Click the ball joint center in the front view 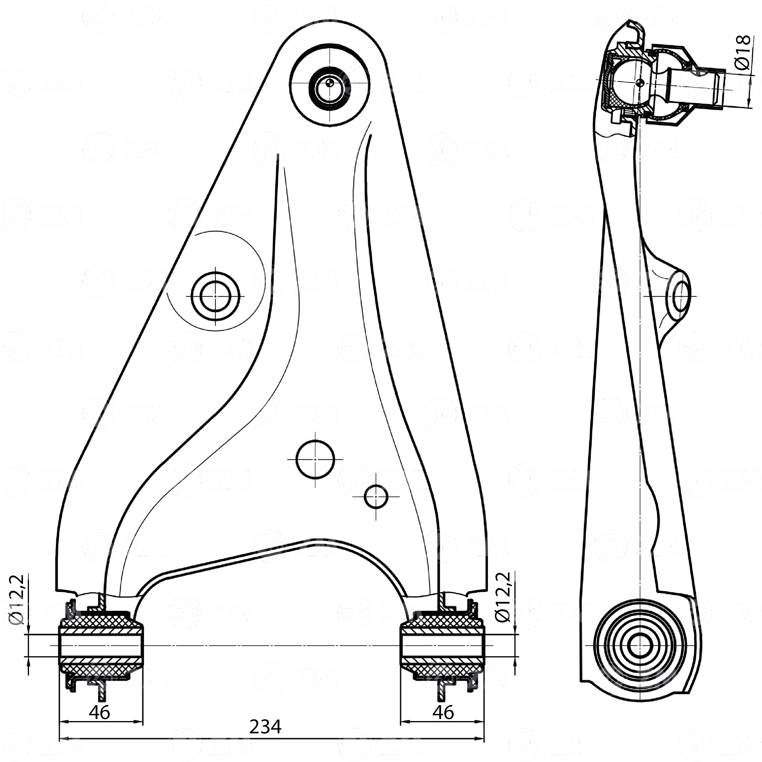point(330,83)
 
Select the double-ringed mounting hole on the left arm point(215,296)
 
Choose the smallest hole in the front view point(376,497)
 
